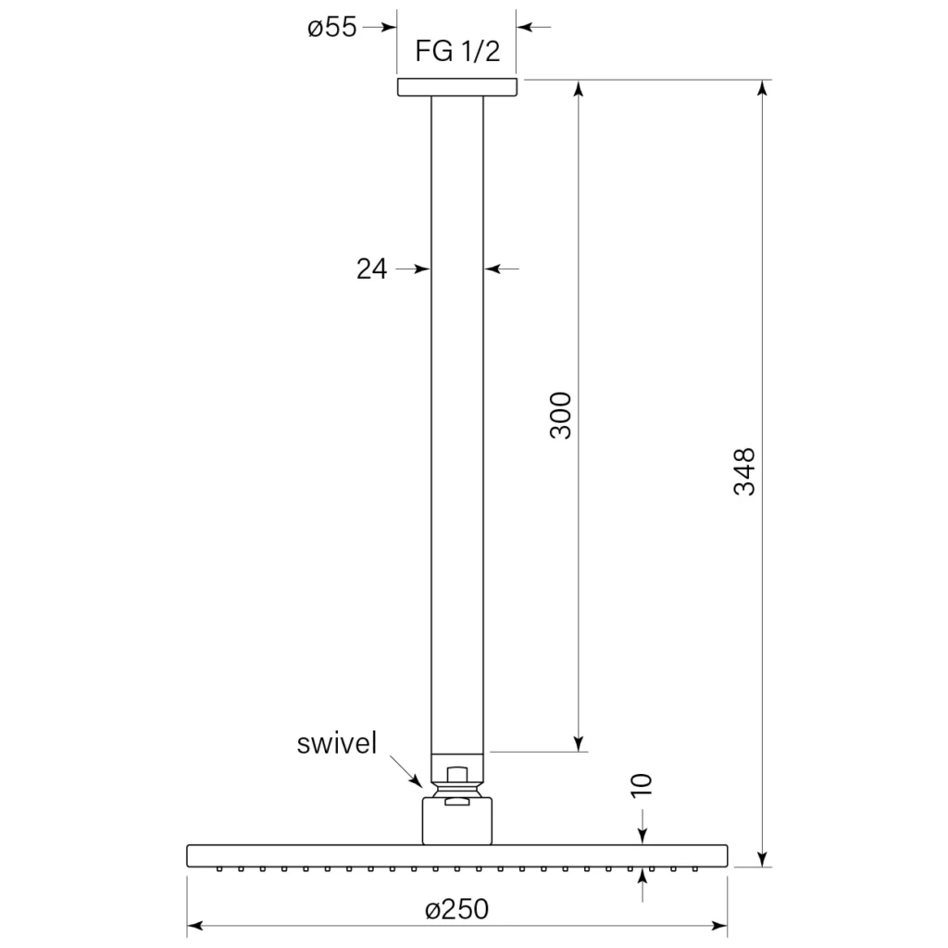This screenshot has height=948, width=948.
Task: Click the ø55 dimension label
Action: (x=332, y=27)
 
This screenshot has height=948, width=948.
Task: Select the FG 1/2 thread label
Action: (x=457, y=51)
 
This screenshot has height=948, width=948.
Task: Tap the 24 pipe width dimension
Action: (x=371, y=269)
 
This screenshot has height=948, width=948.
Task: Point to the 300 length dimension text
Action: (x=560, y=415)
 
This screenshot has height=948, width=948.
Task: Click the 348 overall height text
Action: (x=744, y=471)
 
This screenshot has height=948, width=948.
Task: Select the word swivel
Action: (x=337, y=743)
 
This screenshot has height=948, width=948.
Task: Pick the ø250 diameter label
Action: (x=456, y=909)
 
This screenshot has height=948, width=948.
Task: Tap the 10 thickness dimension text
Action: (x=642, y=784)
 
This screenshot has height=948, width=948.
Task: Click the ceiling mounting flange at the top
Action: (x=457, y=87)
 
